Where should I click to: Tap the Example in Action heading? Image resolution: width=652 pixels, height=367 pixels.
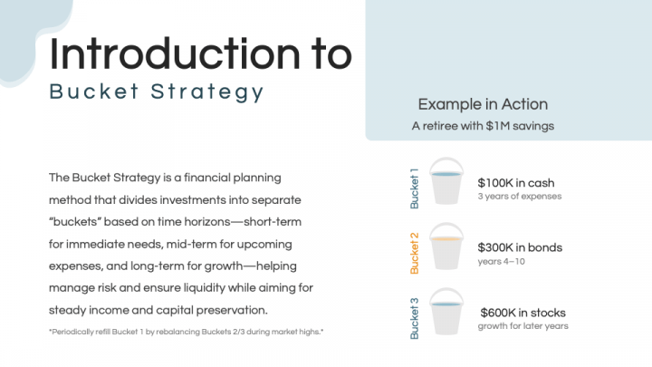(x=483, y=104)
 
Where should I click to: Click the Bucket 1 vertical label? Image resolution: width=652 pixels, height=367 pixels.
(x=415, y=188)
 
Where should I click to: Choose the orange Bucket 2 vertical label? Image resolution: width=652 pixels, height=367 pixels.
(x=415, y=253)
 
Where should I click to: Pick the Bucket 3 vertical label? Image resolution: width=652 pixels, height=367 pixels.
(x=415, y=318)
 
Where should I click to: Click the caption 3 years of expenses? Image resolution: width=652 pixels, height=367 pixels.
(x=519, y=197)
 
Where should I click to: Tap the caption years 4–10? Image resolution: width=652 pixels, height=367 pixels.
(x=502, y=261)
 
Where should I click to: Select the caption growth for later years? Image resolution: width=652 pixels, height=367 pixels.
(x=523, y=326)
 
